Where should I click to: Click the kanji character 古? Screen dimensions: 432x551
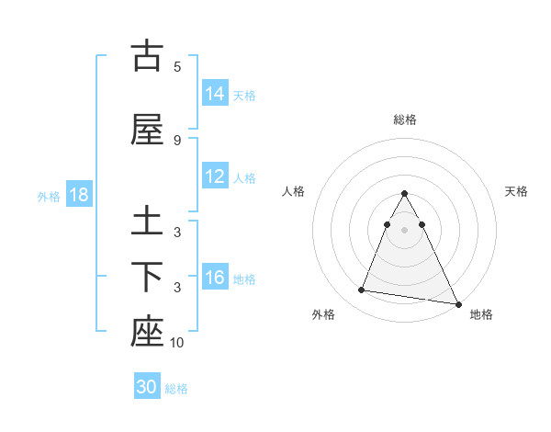(146, 56)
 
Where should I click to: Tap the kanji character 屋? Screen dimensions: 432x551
(146, 129)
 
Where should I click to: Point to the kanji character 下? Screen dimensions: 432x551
(146, 276)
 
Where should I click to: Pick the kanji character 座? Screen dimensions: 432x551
(146, 332)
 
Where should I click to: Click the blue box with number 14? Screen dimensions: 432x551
(215, 94)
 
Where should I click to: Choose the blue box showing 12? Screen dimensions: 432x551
(215, 176)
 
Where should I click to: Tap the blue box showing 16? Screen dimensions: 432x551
(215, 278)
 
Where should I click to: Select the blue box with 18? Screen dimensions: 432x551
(78, 195)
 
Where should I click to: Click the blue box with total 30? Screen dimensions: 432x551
(147, 387)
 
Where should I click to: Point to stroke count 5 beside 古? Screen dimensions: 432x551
(177, 67)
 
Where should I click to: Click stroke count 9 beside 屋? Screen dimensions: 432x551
(177, 140)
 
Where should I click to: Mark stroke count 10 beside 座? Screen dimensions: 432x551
(177, 343)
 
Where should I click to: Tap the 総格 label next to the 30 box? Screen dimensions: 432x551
(176, 389)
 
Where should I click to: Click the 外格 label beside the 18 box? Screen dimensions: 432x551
(49, 196)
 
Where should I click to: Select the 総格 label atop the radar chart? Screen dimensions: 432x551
(404, 119)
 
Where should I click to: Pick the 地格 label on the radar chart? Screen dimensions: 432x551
(481, 314)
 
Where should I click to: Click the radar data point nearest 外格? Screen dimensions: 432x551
(362, 290)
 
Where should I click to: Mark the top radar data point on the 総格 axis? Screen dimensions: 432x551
(404, 194)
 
